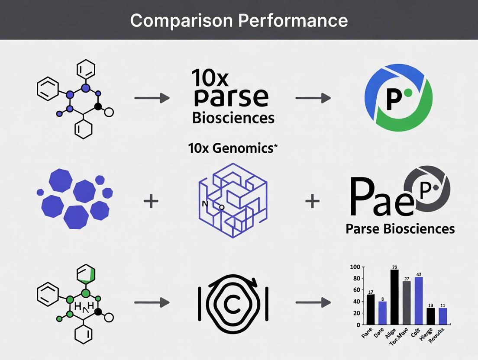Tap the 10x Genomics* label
[x=233, y=148]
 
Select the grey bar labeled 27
[x=407, y=302]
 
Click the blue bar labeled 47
[x=419, y=300]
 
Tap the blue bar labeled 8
[x=382, y=312]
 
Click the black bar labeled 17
[x=371, y=309]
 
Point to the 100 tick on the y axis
[x=355, y=267]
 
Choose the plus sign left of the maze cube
[x=151, y=201]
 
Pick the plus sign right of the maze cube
[x=312, y=201]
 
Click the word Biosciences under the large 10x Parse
[x=233, y=118]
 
